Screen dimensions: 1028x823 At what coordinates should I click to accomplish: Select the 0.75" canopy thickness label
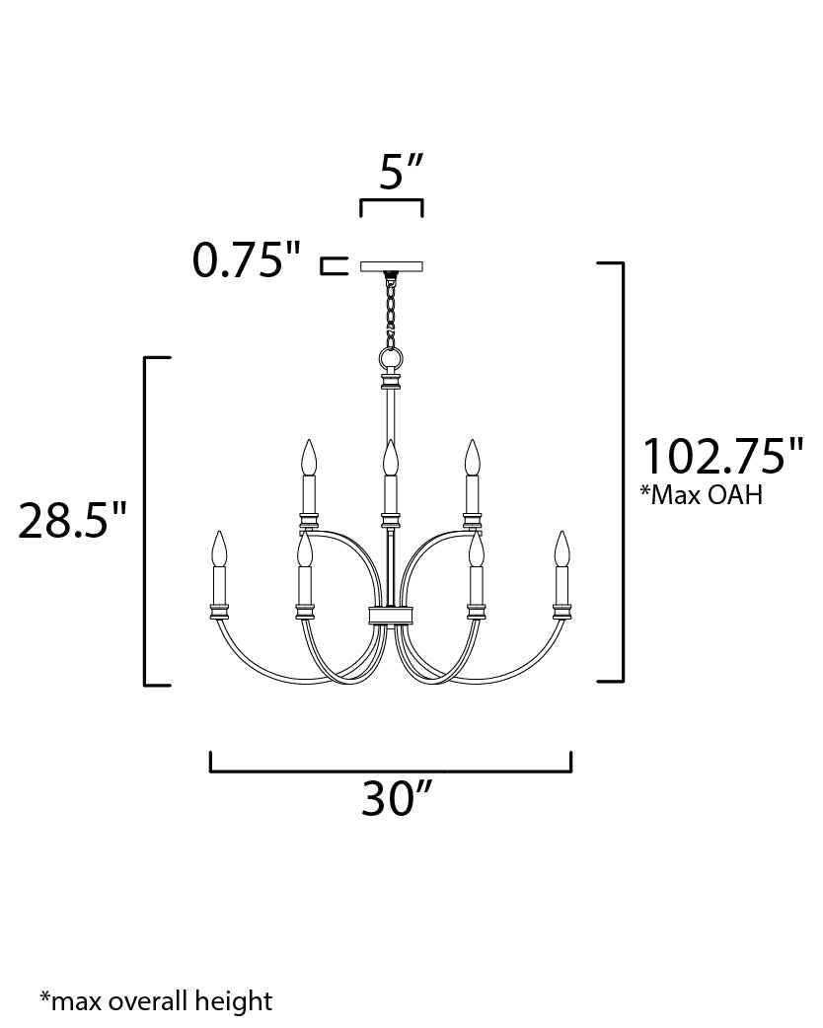coord(247,262)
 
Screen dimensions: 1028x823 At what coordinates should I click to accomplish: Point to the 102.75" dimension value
coord(723,457)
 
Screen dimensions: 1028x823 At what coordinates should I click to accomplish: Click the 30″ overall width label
coord(399,800)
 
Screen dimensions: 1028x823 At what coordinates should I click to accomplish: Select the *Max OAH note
coord(702,494)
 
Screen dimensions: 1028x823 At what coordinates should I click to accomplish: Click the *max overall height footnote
coord(156,1001)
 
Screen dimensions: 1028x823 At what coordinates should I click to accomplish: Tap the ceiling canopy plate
coord(392,265)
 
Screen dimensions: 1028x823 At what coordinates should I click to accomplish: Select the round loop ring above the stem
coord(392,357)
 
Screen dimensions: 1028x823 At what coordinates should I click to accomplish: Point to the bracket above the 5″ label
coord(392,204)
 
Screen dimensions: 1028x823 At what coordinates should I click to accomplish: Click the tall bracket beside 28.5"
coord(149,520)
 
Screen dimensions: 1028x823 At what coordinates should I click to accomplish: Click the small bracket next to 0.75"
coord(334,264)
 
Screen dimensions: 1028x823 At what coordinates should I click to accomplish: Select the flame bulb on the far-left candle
coord(219,548)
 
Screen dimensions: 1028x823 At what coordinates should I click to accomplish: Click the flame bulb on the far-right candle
coord(562,548)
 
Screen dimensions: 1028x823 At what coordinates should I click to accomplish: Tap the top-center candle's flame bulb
coord(391,458)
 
